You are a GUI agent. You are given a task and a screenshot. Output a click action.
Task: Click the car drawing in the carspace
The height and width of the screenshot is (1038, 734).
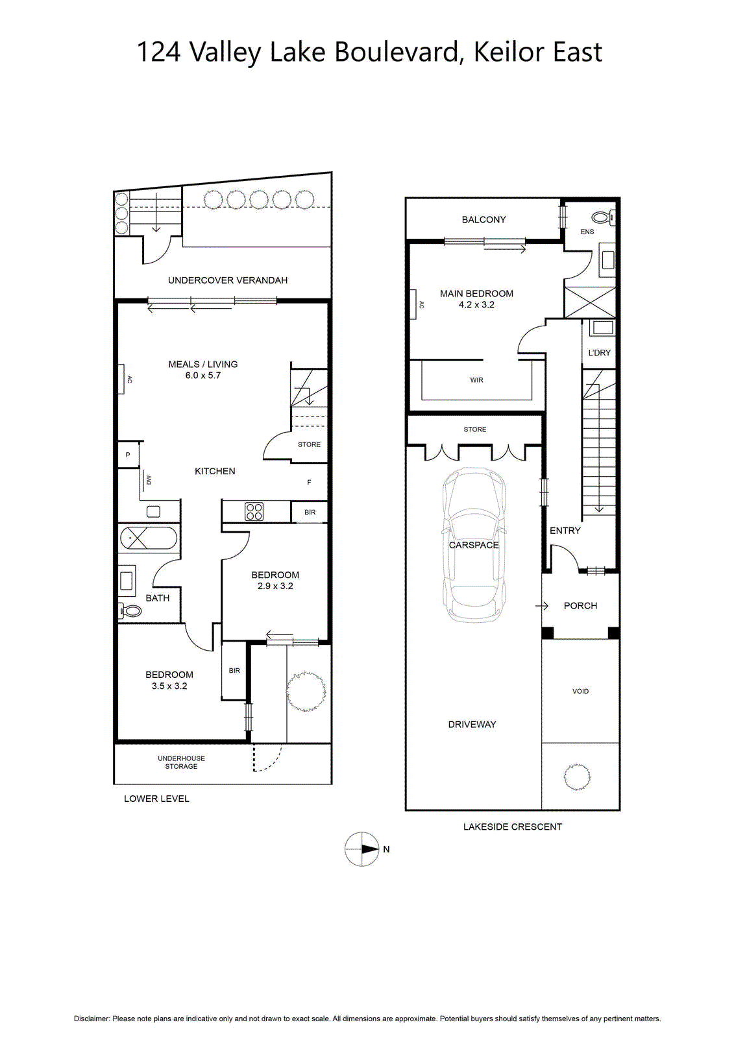point(473,545)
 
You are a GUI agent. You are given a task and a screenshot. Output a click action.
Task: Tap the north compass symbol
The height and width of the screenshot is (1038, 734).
point(363,849)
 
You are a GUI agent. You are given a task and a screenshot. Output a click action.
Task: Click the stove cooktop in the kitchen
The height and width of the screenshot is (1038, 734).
point(254,512)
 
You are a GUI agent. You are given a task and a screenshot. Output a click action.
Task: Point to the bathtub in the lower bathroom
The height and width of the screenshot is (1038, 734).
point(149,538)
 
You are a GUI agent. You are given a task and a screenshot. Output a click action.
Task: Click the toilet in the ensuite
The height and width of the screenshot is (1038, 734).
point(604,217)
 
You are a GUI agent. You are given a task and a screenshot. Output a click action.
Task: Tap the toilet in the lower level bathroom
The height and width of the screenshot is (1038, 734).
point(130,611)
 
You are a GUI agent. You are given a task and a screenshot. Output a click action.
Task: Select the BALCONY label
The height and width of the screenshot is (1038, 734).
point(483,220)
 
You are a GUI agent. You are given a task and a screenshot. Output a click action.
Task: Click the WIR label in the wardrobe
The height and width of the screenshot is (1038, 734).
point(476,380)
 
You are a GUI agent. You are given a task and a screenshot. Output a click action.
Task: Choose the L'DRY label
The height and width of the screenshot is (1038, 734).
point(599,353)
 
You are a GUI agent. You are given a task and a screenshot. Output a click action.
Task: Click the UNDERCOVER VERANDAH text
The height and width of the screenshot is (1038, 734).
point(228,280)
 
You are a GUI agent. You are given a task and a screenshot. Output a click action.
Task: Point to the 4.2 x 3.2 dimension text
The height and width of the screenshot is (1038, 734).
point(476,305)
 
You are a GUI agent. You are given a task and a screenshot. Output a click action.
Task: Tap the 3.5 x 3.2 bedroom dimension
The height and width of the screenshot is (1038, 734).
point(169,686)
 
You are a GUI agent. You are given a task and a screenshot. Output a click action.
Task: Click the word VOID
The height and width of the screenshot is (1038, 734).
point(581,692)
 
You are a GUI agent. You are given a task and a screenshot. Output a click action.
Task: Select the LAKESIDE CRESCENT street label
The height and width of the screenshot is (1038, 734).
point(512,827)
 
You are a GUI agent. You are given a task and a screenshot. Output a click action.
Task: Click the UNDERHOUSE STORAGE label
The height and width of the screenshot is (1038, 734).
point(181,762)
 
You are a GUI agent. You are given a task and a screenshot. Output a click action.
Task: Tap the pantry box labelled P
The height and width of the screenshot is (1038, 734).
point(128,455)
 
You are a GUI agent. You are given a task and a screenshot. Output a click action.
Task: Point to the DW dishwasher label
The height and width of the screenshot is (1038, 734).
point(149,480)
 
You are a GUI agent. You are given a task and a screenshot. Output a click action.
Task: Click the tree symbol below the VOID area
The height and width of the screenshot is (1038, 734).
point(578,776)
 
